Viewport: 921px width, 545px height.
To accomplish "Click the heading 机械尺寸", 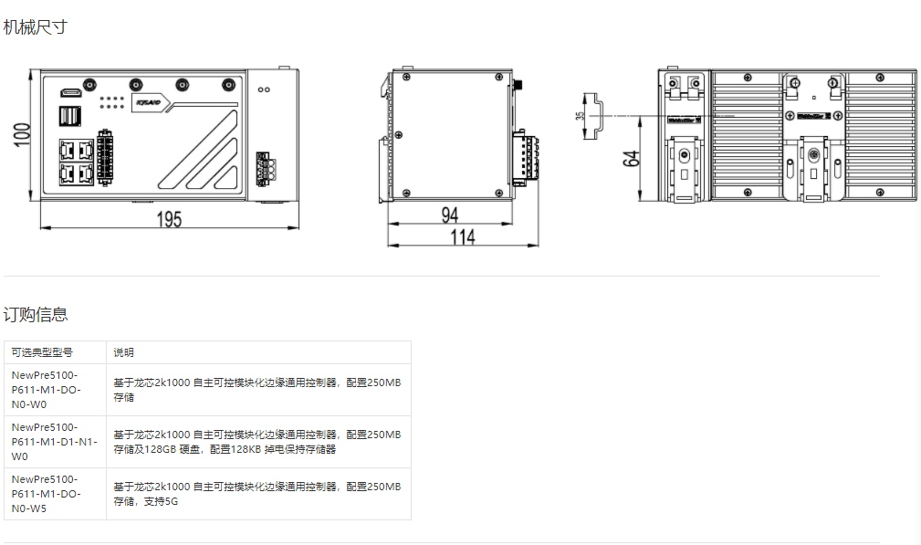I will pyautogui.click(x=35, y=27).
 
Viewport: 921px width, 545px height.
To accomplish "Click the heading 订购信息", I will pyautogui.click(x=35, y=315).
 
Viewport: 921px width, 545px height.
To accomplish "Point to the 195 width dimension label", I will pyautogui.click(x=169, y=219).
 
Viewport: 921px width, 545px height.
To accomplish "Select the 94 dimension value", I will pyautogui.click(x=450, y=215).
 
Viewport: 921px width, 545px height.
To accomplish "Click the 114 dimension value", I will pyautogui.click(x=463, y=237).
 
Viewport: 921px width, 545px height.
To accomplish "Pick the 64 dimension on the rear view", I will pyautogui.click(x=631, y=157).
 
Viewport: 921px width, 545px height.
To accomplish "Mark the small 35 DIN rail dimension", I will pyautogui.click(x=580, y=116).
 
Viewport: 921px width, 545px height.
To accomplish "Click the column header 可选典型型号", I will pyautogui.click(x=42, y=352).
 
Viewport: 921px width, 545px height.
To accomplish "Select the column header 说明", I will pyautogui.click(x=123, y=352).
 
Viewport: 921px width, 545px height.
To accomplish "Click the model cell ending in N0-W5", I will pyautogui.click(x=46, y=494).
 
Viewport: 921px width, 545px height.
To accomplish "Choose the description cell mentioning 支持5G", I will pyautogui.click(x=256, y=494).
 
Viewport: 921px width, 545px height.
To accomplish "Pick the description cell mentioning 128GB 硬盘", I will pyautogui.click(x=256, y=442).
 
